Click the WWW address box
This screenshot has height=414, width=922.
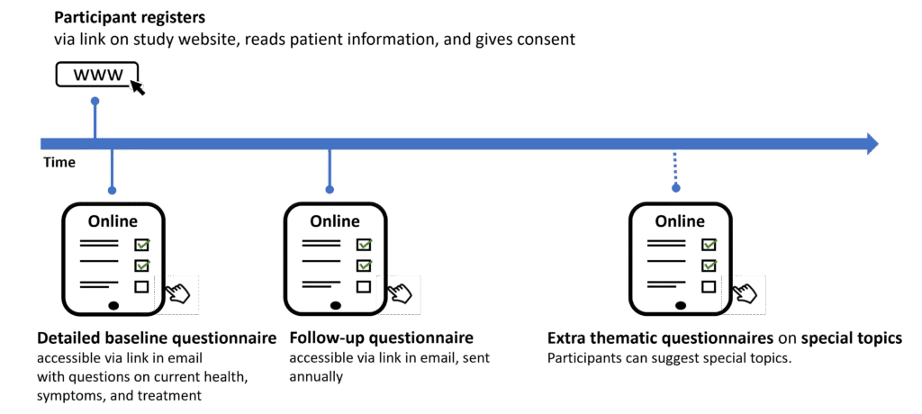point(97,74)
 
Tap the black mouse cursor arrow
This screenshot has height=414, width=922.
point(138,87)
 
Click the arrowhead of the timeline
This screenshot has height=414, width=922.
point(872,143)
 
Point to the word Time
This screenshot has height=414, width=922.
point(59,163)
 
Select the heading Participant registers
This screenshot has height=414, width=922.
point(130,18)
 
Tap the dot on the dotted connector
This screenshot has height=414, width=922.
point(676,188)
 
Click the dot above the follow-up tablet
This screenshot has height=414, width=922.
point(330,189)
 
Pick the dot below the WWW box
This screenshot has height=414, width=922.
point(95,101)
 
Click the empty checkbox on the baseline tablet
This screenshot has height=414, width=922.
point(141,287)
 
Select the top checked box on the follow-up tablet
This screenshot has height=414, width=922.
point(364,244)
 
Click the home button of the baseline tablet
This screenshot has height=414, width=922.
point(114,305)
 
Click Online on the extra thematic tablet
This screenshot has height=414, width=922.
point(680,221)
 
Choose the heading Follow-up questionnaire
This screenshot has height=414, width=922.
point(382,338)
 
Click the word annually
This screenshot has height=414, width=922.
point(316,376)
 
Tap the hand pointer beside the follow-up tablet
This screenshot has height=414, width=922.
point(401,292)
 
